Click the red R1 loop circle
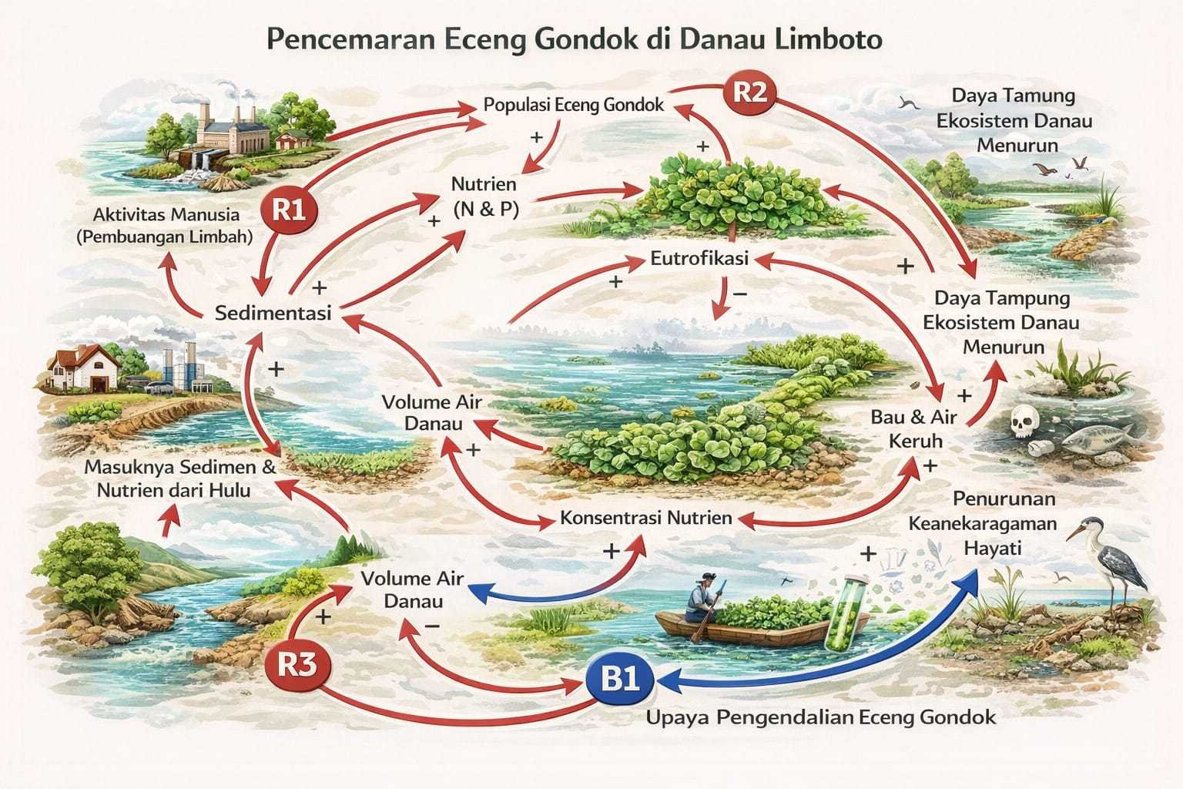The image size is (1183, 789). [288, 210]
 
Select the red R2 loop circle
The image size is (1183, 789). [749, 92]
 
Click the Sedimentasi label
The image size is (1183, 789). [273, 313]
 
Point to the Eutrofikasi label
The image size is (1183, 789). [699, 259]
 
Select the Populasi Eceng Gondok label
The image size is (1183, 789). [573, 105]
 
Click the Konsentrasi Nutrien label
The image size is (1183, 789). [645, 517]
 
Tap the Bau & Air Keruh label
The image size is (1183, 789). [913, 429]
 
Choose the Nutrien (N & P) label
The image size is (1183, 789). [484, 196]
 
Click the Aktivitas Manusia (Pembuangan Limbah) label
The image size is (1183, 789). [166, 226]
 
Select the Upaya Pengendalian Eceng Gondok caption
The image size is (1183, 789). [820, 717]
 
